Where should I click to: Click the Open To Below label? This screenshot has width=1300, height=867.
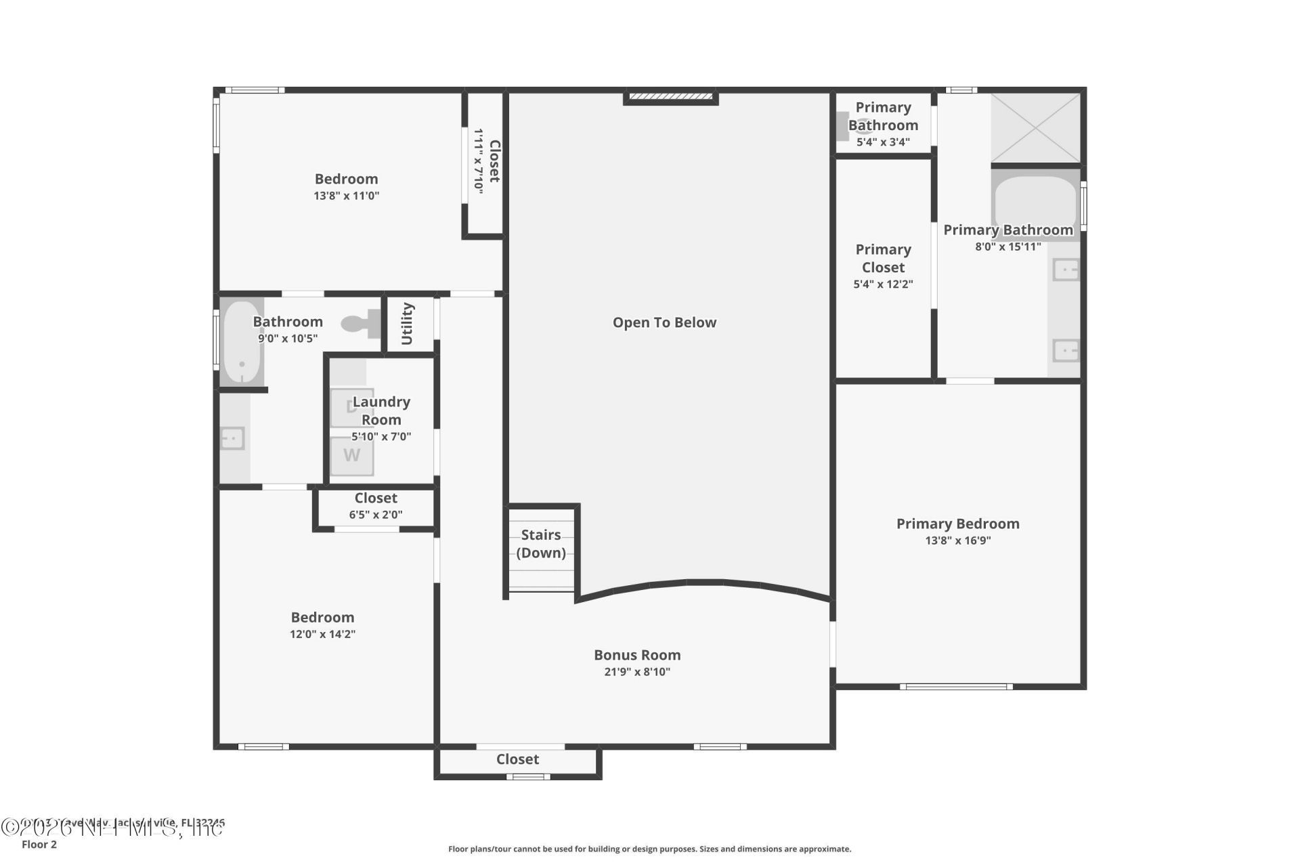(x=664, y=323)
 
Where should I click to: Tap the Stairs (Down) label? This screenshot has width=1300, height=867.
(x=541, y=544)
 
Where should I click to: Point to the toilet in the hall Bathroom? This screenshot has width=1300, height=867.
(x=362, y=324)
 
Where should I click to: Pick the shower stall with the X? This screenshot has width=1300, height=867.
(x=1035, y=128)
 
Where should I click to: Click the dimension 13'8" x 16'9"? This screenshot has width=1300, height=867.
(x=957, y=541)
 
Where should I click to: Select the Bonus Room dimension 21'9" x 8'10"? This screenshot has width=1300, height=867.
(x=637, y=672)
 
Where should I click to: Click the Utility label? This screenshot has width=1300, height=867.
(x=408, y=324)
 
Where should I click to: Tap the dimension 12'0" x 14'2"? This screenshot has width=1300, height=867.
(x=322, y=635)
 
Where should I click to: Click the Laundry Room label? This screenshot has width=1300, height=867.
(x=381, y=410)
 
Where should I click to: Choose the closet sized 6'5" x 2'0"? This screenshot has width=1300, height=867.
(x=376, y=507)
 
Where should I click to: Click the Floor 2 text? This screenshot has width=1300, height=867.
(x=39, y=845)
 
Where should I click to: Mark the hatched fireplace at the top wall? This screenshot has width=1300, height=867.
(x=670, y=98)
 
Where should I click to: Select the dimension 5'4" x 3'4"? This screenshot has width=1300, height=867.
(x=883, y=142)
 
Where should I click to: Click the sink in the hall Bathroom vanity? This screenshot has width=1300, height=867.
(x=232, y=439)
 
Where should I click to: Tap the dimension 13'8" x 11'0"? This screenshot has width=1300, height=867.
(x=346, y=196)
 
